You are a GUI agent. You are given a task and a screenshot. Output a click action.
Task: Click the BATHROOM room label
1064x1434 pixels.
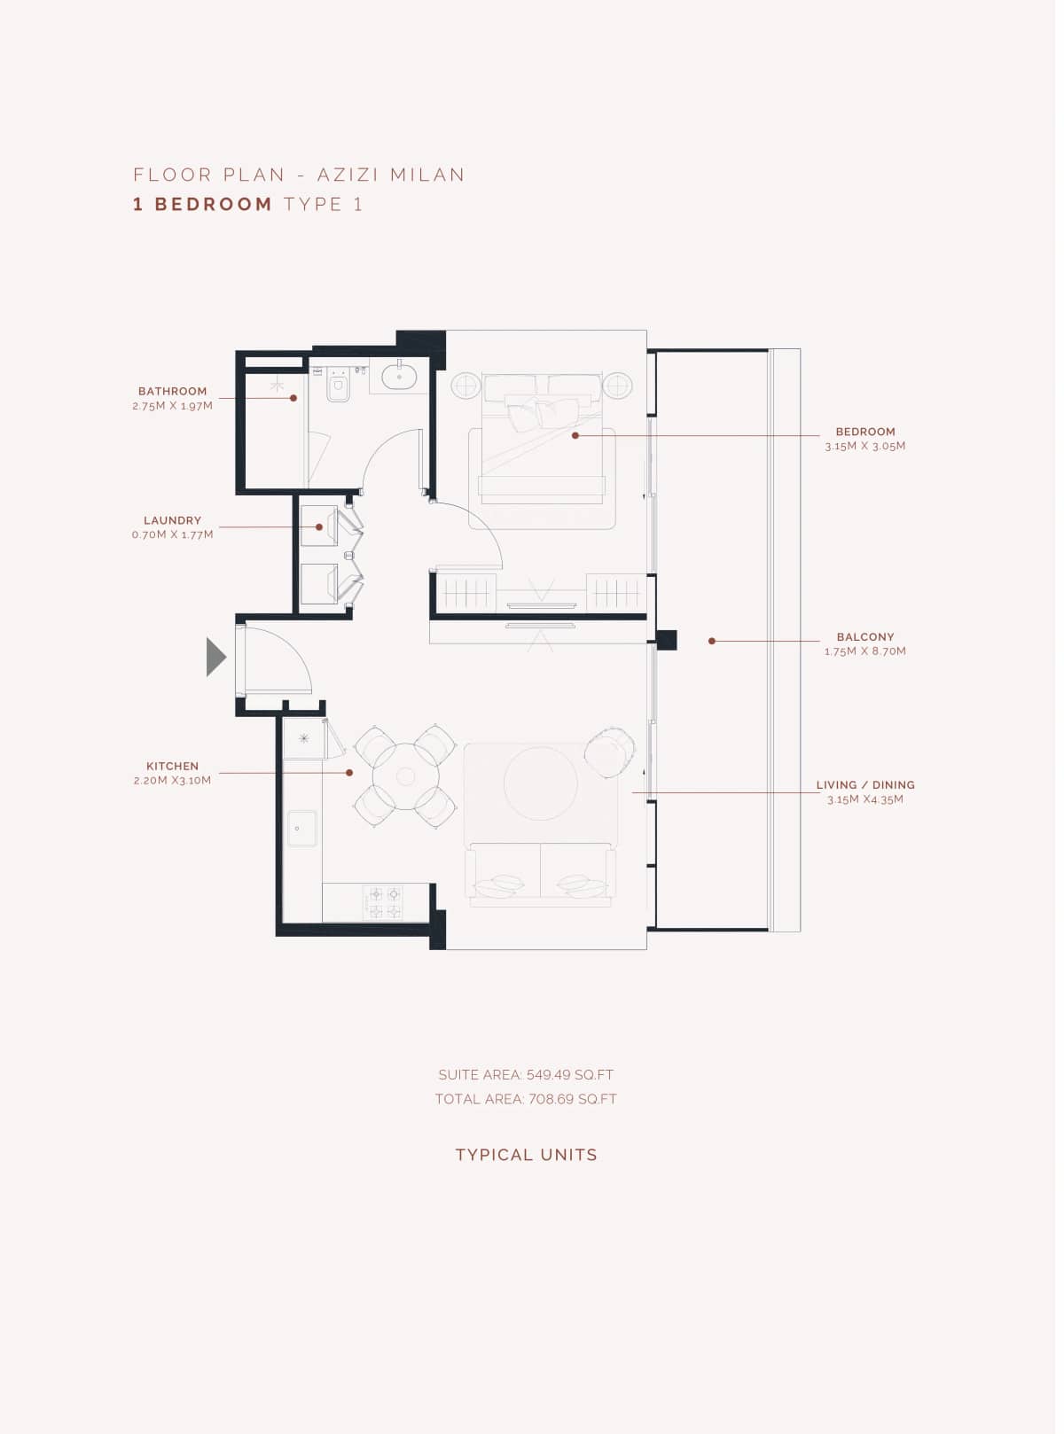172,391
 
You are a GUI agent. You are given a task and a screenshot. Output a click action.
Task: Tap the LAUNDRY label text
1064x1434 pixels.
172,520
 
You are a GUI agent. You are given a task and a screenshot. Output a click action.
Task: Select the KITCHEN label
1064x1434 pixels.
172,766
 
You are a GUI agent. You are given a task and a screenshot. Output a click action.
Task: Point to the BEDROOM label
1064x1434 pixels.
864,432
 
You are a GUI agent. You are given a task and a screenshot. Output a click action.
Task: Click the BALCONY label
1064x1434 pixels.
864,636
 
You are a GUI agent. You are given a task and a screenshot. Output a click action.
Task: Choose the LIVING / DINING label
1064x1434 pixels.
864,784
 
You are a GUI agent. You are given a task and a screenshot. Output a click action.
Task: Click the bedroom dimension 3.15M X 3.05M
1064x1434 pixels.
864,446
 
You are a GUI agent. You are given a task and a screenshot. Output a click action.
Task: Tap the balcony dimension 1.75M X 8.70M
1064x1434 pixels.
864,651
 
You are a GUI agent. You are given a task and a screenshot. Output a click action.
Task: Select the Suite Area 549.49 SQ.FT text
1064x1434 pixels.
526,1074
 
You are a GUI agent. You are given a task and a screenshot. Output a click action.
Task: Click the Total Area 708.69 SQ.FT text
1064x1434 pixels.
526,1099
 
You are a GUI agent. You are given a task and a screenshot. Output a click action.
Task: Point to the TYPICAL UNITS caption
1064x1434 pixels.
526,1155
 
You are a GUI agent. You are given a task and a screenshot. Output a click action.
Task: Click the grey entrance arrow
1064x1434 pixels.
215,657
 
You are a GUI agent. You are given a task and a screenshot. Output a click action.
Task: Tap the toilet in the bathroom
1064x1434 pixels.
338,387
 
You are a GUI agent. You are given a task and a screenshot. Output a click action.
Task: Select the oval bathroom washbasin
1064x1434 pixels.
399,376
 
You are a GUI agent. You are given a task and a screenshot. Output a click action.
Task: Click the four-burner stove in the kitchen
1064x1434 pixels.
384,902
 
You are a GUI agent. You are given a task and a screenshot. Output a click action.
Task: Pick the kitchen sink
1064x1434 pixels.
301,828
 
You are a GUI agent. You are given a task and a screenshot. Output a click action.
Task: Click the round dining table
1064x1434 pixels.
405,776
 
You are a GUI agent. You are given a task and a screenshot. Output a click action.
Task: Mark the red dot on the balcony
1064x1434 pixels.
711,641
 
